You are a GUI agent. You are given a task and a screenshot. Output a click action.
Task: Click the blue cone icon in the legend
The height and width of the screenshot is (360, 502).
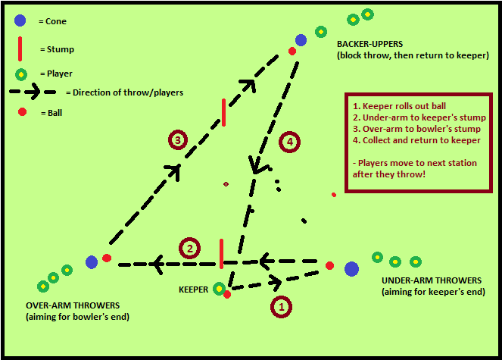point(20,21)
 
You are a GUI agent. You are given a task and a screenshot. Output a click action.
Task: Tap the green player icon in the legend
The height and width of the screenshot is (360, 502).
point(21,74)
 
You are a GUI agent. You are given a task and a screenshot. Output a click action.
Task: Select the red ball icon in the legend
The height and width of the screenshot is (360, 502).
point(22,112)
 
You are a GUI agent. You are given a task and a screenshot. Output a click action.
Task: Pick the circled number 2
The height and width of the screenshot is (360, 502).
point(189,248)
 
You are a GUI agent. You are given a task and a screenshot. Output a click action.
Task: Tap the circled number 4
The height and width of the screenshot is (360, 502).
point(289,142)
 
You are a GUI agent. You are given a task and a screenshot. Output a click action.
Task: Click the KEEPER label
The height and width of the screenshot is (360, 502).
point(193,290)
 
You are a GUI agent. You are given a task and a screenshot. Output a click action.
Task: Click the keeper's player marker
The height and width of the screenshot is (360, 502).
point(219,288)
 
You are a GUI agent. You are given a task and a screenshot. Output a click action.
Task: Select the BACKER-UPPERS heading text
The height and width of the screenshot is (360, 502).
point(374,44)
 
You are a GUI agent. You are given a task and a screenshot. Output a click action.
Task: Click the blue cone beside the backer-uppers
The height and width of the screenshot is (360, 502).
point(301,39)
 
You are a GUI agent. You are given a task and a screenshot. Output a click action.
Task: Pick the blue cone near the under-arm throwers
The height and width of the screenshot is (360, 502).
point(351,268)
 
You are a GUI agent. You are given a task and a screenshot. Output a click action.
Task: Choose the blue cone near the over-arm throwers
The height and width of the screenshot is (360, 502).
point(92,262)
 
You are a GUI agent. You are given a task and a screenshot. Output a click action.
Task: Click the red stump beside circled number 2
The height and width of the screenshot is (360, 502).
point(221,252)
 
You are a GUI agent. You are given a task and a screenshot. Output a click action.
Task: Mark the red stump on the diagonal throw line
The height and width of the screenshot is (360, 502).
point(223,111)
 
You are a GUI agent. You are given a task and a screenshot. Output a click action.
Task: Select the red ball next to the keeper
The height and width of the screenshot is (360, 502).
point(227,294)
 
